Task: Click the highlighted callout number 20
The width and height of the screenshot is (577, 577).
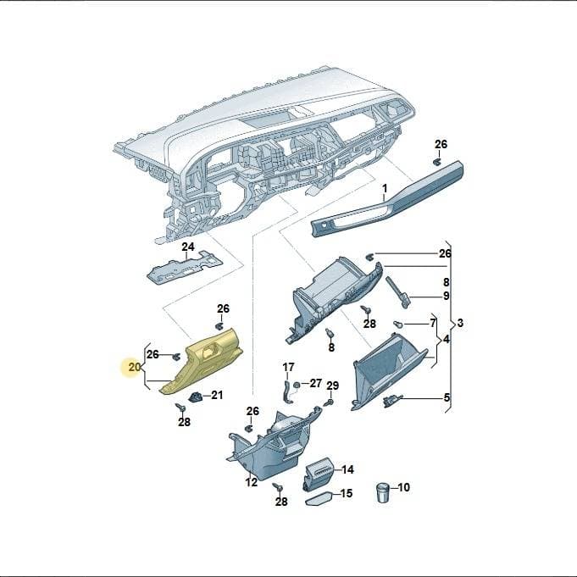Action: point(135,367)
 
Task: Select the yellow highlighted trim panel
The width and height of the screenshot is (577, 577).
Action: point(202,362)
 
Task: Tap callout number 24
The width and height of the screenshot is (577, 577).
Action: point(187,247)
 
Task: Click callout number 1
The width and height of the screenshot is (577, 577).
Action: point(385,189)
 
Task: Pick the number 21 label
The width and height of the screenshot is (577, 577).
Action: point(217,395)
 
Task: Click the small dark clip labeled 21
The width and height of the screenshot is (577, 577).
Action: point(196,397)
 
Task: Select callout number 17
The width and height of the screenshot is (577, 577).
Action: point(288,367)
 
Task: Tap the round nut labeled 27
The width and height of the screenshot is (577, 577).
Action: point(296,385)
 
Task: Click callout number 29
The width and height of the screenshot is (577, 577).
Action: point(333,386)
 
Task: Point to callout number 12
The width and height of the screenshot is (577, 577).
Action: point(252,482)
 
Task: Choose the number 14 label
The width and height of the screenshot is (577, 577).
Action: point(347,469)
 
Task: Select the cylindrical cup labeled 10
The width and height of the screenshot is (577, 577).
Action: point(384,493)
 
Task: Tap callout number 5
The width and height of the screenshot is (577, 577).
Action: point(447,397)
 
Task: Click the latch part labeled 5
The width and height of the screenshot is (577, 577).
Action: point(392,401)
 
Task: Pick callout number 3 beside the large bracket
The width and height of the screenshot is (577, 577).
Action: point(460,323)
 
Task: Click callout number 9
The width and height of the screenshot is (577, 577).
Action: point(446,296)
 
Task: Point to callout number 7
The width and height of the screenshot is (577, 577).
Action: point(433,323)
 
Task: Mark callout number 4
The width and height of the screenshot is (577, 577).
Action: point(446,339)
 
